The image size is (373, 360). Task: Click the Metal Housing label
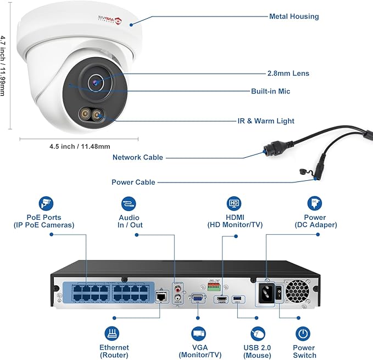(293, 16)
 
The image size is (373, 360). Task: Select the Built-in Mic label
(278, 91)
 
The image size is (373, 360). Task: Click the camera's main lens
(97, 82)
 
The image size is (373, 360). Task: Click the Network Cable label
(137, 158)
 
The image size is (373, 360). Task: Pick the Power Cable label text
(133, 182)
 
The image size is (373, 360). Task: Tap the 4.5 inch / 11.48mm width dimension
(80, 147)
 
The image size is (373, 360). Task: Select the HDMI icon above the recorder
(233, 203)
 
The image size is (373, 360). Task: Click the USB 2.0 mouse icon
(258, 334)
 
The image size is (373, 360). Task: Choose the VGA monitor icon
(198, 334)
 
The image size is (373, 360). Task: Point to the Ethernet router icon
(114, 334)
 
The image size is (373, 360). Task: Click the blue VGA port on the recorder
(196, 298)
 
